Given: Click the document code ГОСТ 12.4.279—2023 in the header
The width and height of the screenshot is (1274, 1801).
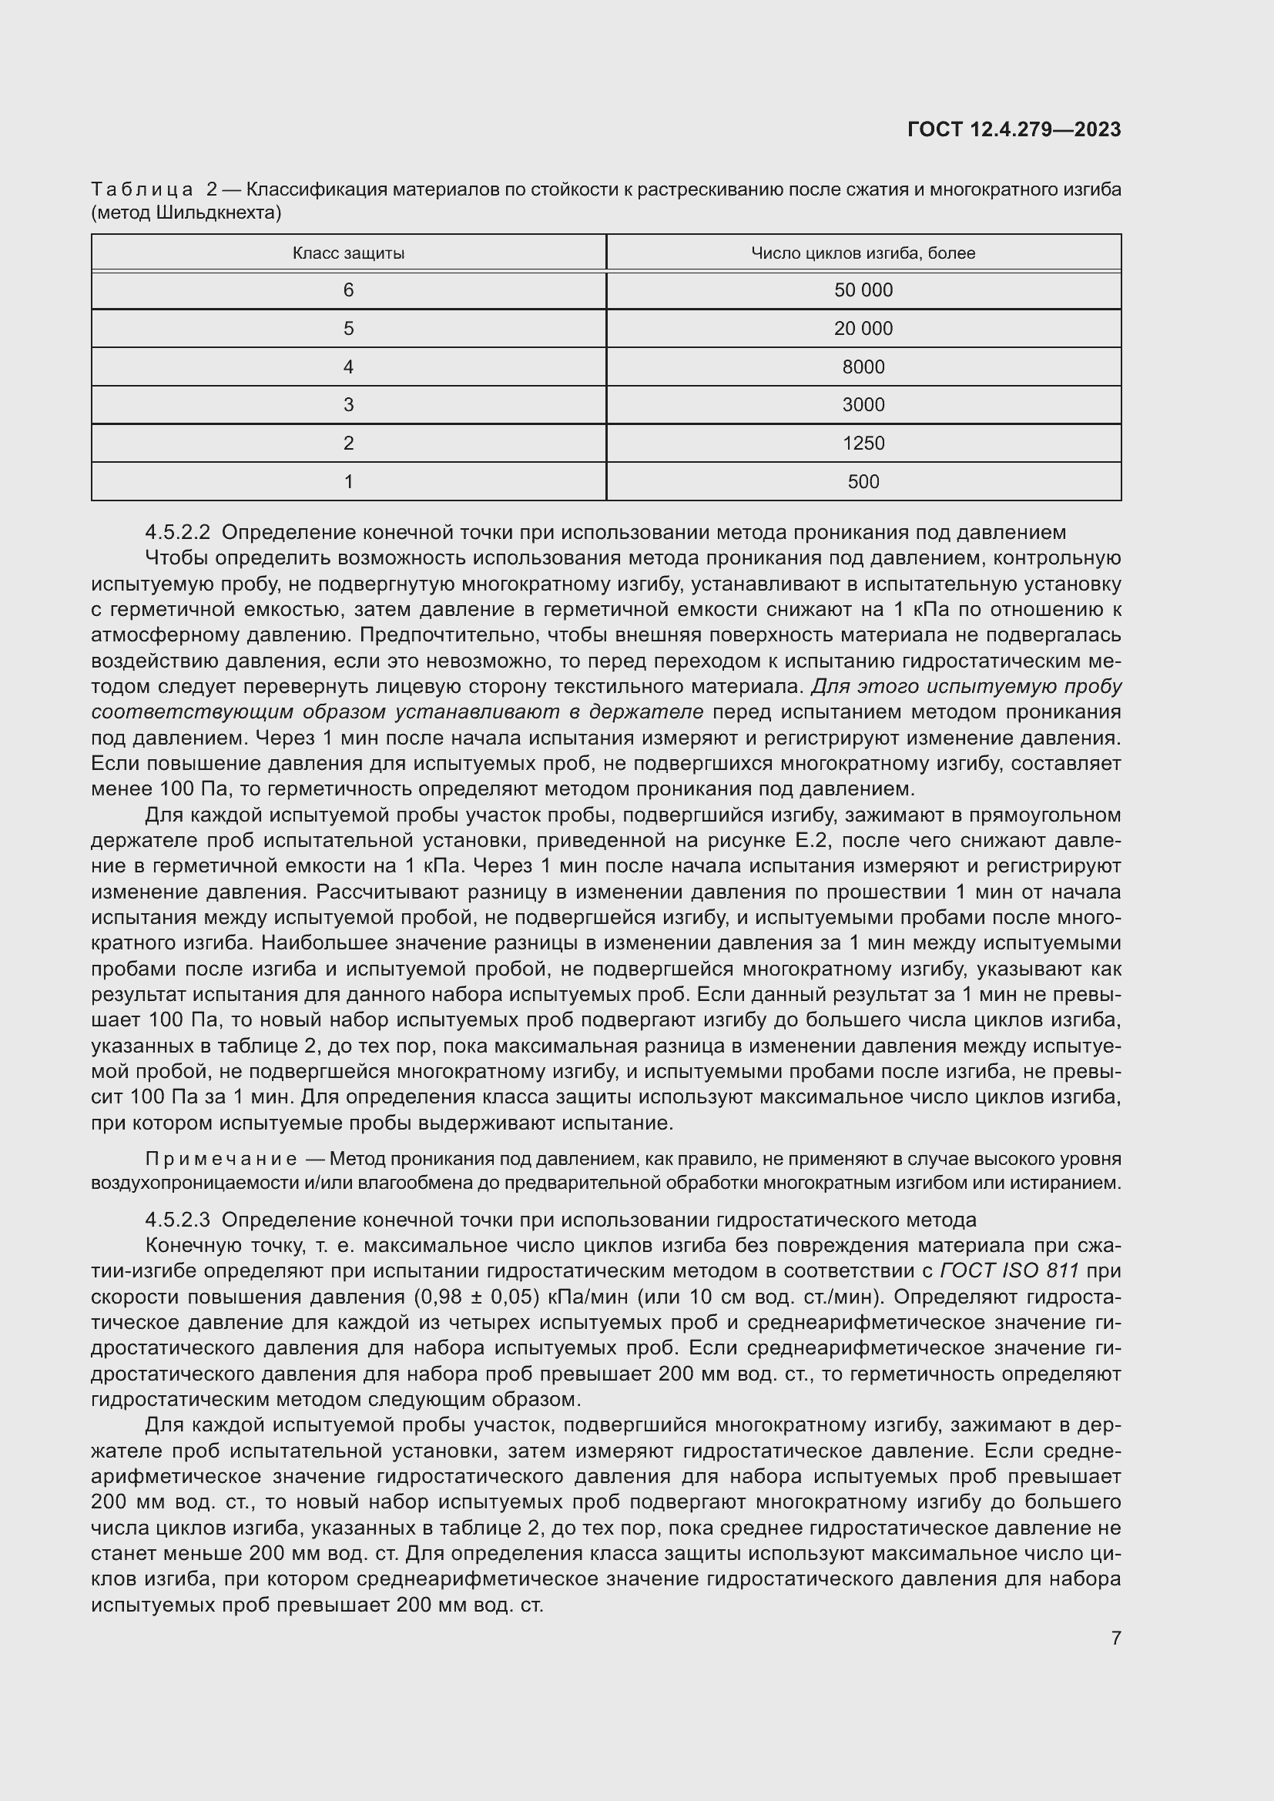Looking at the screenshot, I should click(1014, 129).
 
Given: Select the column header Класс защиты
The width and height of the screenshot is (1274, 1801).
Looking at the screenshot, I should click(348, 253).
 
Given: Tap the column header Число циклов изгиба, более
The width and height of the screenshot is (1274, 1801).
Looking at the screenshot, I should click(863, 253).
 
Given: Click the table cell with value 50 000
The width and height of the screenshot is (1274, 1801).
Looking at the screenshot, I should click(863, 290).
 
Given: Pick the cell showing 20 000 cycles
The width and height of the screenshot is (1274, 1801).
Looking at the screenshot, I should click(863, 329).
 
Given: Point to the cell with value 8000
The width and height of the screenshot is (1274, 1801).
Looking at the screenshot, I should click(863, 367).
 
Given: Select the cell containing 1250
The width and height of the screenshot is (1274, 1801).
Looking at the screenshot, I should click(863, 444).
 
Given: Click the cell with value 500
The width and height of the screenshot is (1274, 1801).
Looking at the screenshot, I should click(863, 481).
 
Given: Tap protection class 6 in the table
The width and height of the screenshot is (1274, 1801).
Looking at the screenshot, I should click(348, 290).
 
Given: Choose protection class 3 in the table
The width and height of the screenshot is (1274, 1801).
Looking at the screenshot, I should click(348, 405).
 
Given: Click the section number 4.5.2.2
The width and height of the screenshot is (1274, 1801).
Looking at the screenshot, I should click(177, 533).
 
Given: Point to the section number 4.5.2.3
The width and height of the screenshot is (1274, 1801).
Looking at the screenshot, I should click(177, 1220).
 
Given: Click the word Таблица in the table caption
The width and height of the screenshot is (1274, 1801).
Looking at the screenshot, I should click(142, 190).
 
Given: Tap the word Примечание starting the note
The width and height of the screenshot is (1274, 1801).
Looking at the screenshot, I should click(221, 1160).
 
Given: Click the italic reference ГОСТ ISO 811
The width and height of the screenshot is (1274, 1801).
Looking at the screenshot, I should click(1009, 1270).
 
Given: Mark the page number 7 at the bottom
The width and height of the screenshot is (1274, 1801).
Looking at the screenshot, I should click(1115, 1638).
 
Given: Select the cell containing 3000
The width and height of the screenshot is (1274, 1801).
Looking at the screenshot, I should click(863, 405).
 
